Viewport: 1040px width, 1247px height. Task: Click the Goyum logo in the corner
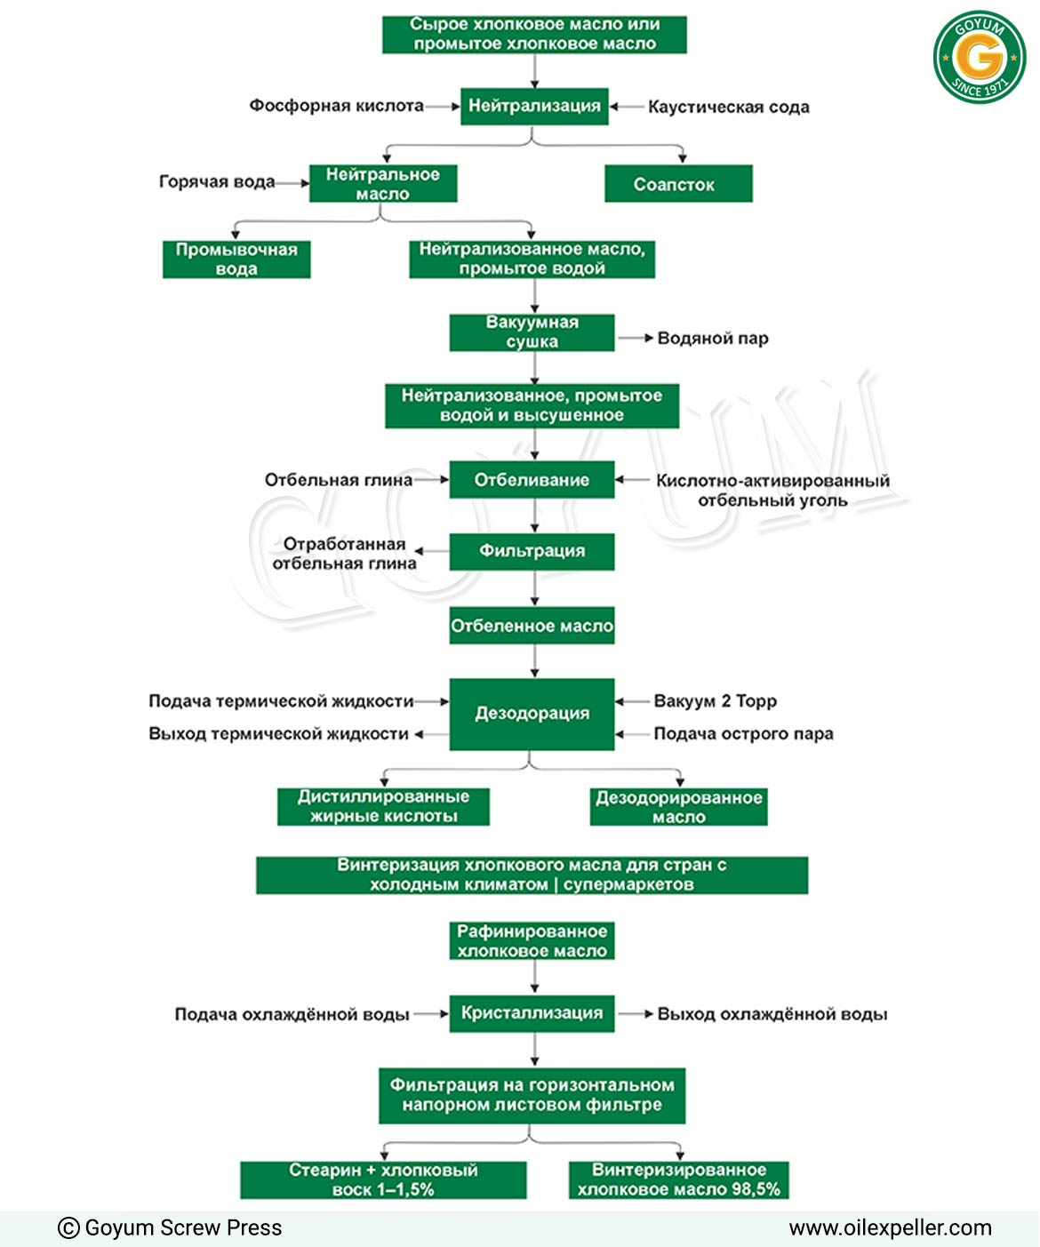tap(979, 58)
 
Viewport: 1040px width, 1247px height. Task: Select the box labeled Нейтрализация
tap(534, 107)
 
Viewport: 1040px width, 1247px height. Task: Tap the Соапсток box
tap(678, 184)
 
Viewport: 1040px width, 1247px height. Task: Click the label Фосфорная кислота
tap(336, 106)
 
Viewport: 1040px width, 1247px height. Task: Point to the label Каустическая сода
tap(729, 107)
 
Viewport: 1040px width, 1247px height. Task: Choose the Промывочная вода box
tap(236, 260)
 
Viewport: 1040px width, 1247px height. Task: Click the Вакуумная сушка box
tap(532, 332)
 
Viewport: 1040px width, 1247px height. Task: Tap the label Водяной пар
tap(713, 338)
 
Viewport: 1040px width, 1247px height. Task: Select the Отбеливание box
tap(532, 480)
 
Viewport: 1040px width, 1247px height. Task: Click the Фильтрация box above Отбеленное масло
tap(532, 552)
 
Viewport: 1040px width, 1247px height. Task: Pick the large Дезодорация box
tap(532, 715)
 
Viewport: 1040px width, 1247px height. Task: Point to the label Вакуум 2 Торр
tap(715, 700)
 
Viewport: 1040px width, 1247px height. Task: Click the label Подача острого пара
tap(743, 733)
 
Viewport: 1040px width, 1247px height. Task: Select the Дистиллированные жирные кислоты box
tap(383, 807)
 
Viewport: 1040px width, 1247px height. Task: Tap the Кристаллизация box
tap(532, 1013)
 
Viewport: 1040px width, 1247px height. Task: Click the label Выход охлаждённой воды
tap(772, 1013)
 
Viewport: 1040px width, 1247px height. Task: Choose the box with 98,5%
tap(678, 1179)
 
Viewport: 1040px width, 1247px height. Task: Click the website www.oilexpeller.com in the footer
tap(890, 1227)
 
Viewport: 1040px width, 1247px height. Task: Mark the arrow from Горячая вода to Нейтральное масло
tap(292, 183)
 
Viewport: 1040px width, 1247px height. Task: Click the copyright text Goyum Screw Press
tap(170, 1227)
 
